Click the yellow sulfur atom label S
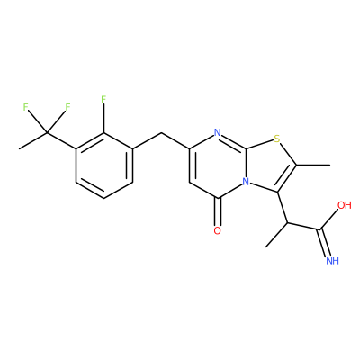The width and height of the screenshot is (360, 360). (276, 139)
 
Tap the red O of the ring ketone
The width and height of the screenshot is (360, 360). (218, 230)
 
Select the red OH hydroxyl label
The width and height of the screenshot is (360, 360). (344, 205)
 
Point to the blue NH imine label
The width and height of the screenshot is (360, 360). (332, 260)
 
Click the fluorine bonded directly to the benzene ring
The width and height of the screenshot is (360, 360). (103, 99)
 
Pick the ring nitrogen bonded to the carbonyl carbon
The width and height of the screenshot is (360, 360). (247, 182)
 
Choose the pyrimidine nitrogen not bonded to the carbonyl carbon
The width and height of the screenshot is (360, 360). (218, 132)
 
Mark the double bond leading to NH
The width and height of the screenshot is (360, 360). (324, 243)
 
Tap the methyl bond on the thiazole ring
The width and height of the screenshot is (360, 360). (313, 165)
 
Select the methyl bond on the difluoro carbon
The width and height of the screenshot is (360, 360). (32, 140)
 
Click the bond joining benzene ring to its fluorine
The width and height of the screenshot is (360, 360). (103, 118)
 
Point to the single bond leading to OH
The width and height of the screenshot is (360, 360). (328, 220)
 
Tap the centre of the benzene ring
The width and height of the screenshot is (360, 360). (103, 165)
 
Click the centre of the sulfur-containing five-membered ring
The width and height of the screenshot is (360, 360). (270, 166)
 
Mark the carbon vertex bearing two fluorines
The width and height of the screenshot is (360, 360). (47, 132)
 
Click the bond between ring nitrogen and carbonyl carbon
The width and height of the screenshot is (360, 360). (231, 190)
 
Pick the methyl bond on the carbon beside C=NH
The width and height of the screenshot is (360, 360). (276, 235)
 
